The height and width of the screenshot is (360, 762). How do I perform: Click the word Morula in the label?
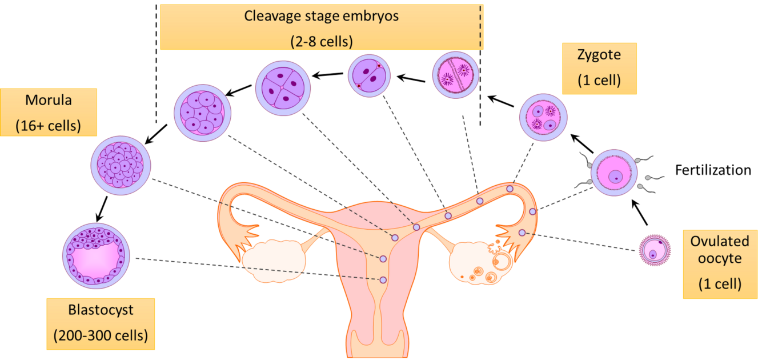click(x=49, y=101)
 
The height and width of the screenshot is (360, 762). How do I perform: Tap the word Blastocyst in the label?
click(x=101, y=310)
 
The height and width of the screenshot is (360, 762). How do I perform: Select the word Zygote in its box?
click(x=599, y=55)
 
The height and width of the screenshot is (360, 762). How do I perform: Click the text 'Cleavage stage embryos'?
click(x=322, y=15)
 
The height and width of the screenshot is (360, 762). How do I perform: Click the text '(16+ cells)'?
click(x=49, y=125)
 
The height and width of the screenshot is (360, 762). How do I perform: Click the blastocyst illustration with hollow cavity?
click(x=96, y=255)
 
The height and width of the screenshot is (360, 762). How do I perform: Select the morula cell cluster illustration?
click(x=121, y=165)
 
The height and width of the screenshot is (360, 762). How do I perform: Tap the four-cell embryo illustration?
click(x=283, y=89)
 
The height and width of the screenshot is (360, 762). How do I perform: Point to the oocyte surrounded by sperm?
click(x=613, y=173)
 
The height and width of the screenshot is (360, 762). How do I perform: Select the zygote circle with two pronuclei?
click(x=543, y=117)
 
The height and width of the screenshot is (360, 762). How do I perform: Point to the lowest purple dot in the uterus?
click(x=383, y=280)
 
